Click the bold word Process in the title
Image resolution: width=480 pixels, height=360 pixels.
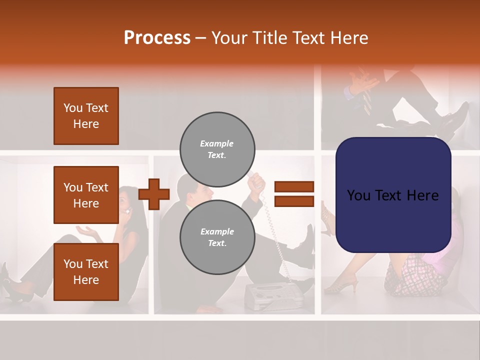(x=157, y=38)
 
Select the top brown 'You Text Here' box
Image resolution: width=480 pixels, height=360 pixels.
(x=86, y=116)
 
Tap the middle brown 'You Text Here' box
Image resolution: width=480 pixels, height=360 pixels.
(x=86, y=195)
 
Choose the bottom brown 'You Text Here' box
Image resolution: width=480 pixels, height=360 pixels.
(x=86, y=271)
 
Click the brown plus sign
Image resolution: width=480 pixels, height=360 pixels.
(x=153, y=193)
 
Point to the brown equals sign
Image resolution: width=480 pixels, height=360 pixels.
(x=294, y=194)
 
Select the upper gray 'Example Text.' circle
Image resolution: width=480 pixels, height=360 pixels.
(x=217, y=149)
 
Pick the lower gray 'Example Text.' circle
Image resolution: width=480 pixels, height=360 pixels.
(x=217, y=237)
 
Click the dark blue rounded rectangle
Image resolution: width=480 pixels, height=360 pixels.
(x=393, y=195)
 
